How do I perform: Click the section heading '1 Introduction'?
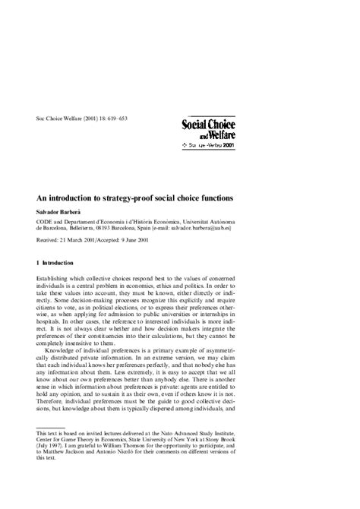click(65, 262)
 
